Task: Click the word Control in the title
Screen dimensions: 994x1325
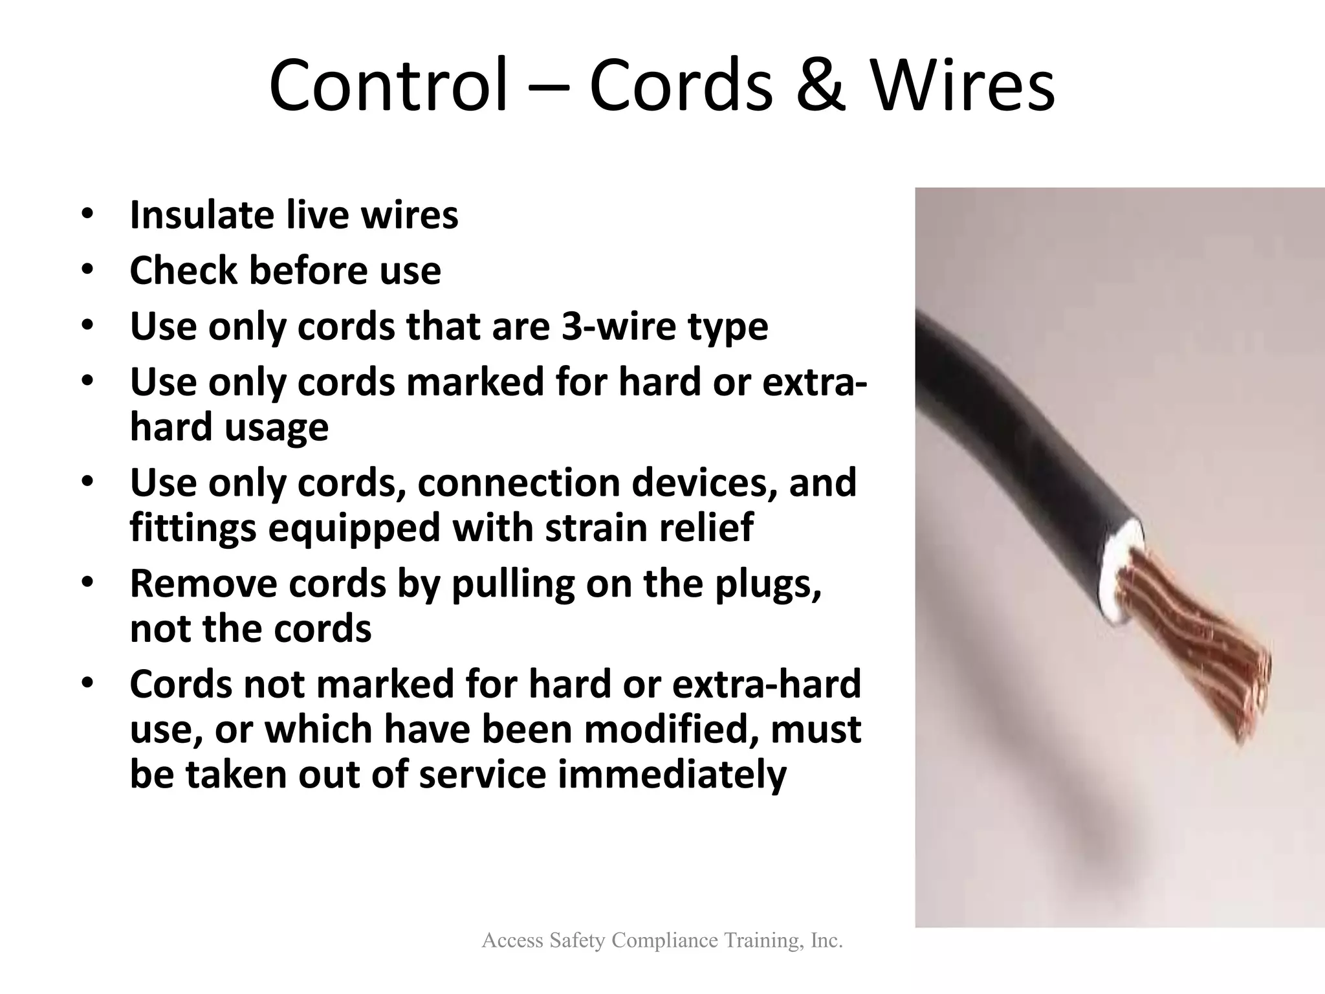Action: coord(388,85)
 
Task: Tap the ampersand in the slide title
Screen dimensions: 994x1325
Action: coord(820,87)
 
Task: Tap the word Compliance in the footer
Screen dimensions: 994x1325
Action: coord(664,940)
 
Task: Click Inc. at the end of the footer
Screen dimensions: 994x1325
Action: coord(825,940)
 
